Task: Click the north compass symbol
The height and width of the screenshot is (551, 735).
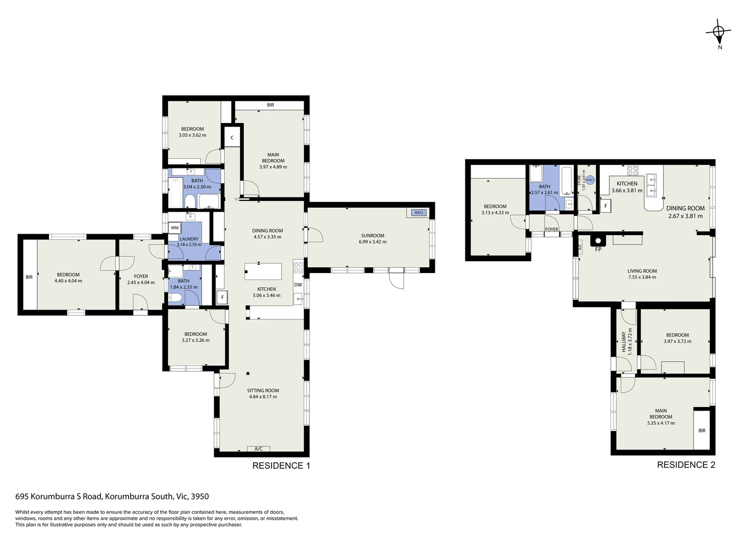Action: (719, 32)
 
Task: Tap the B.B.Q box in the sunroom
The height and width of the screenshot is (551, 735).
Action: (419, 212)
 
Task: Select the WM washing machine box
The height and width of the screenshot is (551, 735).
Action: (175, 228)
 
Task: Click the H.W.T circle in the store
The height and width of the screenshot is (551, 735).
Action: (590, 180)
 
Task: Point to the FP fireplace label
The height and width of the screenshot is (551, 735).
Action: (598, 249)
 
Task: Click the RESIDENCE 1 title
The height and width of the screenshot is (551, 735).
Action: (281, 465)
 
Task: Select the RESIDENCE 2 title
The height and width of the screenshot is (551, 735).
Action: (685, 465)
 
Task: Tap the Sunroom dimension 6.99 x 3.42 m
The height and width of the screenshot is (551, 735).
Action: (373, 242)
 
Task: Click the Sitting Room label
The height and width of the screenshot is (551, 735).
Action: (263, 390)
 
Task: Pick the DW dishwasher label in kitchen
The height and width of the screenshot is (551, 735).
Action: (298, 285)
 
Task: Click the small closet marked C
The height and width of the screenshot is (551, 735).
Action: (232, 137)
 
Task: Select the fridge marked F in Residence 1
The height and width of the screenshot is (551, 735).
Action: (222, 297)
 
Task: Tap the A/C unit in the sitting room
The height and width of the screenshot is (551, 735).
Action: (258, 449)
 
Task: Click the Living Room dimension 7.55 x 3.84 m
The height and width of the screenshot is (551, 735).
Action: (642, 278)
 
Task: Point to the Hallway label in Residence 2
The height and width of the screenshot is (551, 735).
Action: (623, 342)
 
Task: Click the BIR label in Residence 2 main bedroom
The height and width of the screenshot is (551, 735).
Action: (702, 431)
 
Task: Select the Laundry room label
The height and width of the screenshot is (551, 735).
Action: (189, 239)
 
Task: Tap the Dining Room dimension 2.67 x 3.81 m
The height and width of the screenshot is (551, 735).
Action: (685, 216)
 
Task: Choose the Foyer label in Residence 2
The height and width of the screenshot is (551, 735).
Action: (552, 230)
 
